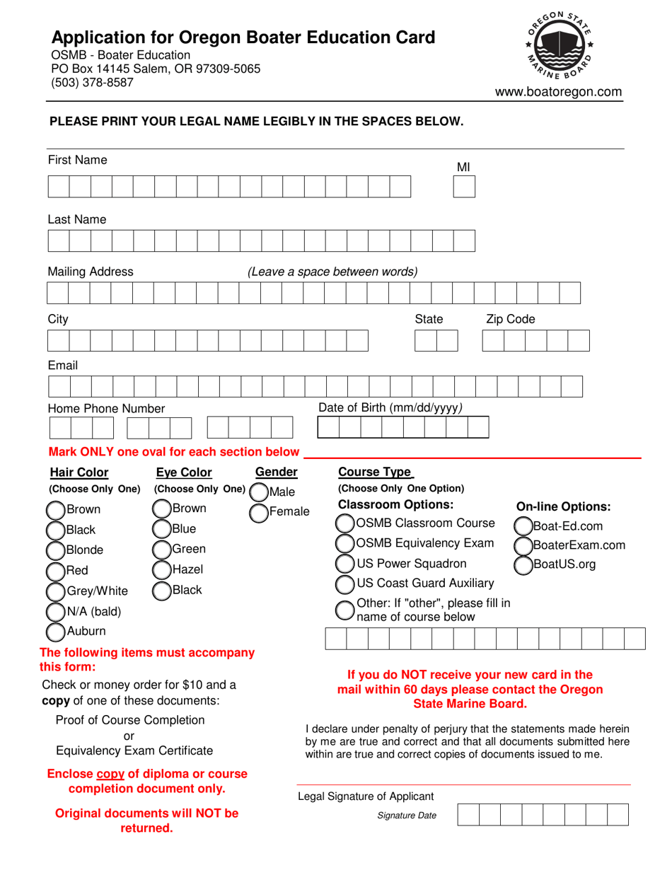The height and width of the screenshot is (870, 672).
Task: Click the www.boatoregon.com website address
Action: coord(558,92)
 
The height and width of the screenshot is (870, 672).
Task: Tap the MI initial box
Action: coord(464,187)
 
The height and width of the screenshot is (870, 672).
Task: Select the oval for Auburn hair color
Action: coord(55,631)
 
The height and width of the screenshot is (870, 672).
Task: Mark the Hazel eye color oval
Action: coord(162,569)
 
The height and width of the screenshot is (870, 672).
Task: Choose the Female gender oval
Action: coord(259,512)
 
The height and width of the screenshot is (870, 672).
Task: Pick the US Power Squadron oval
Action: coord(344,564)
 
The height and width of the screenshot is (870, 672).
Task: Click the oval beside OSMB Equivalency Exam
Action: coord(344,544)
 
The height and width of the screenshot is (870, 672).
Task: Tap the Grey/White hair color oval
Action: coord(55,591)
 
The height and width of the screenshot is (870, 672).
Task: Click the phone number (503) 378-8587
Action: coord(92,83)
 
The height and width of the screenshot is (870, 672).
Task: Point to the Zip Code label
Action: coord(511,320)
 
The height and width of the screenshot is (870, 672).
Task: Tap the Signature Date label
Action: coord(407,816)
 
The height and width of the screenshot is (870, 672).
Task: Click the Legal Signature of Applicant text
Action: coord(366,796)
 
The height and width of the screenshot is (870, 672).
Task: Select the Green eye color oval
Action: coord(162,549)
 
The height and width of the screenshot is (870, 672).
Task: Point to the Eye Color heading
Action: coord(184,472)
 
